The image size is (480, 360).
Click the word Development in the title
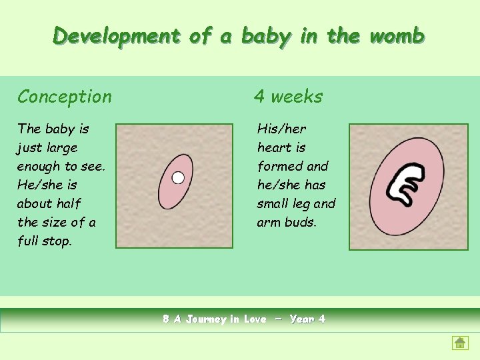(117, 36)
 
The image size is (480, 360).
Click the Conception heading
(65, 97)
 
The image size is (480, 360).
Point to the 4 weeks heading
(288, 97)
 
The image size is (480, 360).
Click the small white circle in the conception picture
(178, 177)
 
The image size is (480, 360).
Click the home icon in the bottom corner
(460, 343)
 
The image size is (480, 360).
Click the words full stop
(45, 241)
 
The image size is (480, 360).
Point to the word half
(69, 203)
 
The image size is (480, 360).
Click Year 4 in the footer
(307, 319)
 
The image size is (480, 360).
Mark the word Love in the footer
(255, 319)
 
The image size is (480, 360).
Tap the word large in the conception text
(61, 147)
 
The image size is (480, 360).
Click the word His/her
(282, 129)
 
